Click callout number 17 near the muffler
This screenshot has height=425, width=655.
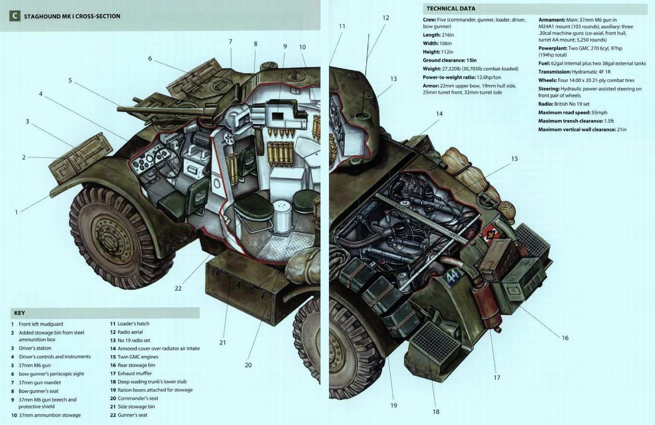[496, 378]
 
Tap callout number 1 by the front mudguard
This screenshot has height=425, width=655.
[16, 211]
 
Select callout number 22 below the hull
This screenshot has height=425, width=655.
[178, 288]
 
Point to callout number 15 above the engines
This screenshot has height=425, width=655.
[514, 159]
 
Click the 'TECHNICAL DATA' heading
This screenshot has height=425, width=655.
[450, 9]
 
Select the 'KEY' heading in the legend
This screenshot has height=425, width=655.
[19, 313]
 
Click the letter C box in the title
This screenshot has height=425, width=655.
[15, 16]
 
